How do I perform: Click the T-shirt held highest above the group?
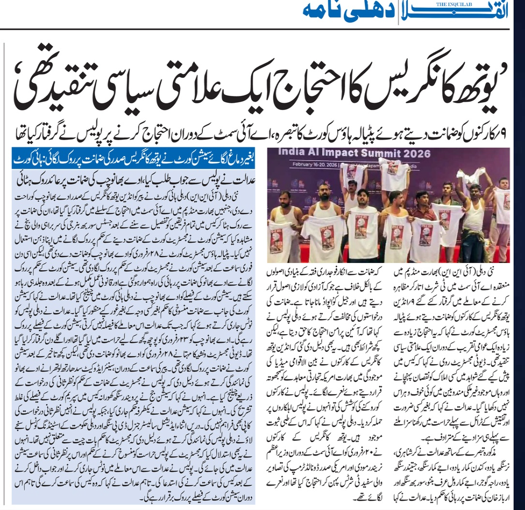coord(393,172)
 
